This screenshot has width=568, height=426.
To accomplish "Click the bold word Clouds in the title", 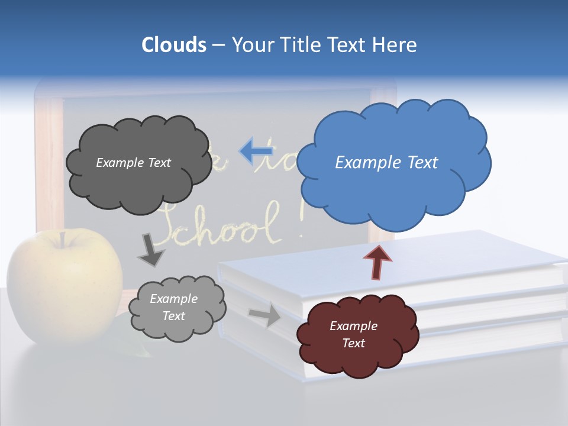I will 173,44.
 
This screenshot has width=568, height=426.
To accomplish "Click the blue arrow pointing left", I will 255,151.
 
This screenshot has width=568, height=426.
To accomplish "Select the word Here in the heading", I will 395,44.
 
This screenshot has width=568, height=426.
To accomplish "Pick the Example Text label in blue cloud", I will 386,162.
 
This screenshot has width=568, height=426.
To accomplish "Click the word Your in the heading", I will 253,44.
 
